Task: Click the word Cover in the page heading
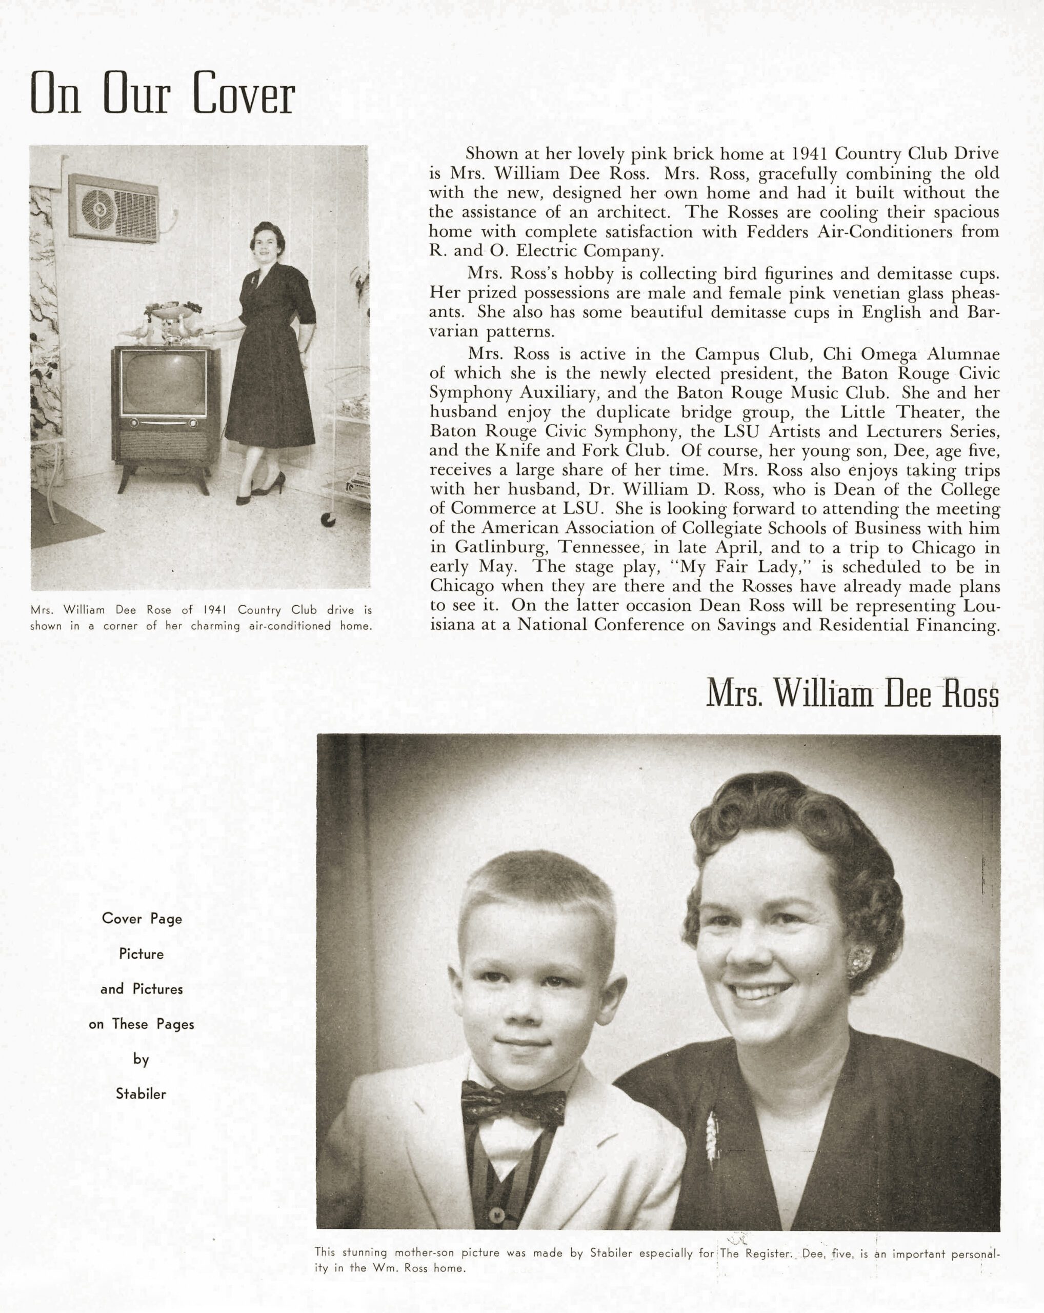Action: [x=244, y=95]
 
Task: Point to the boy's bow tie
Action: [x=513, y=1103]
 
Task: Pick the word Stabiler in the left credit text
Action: [x=141, y=1095]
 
